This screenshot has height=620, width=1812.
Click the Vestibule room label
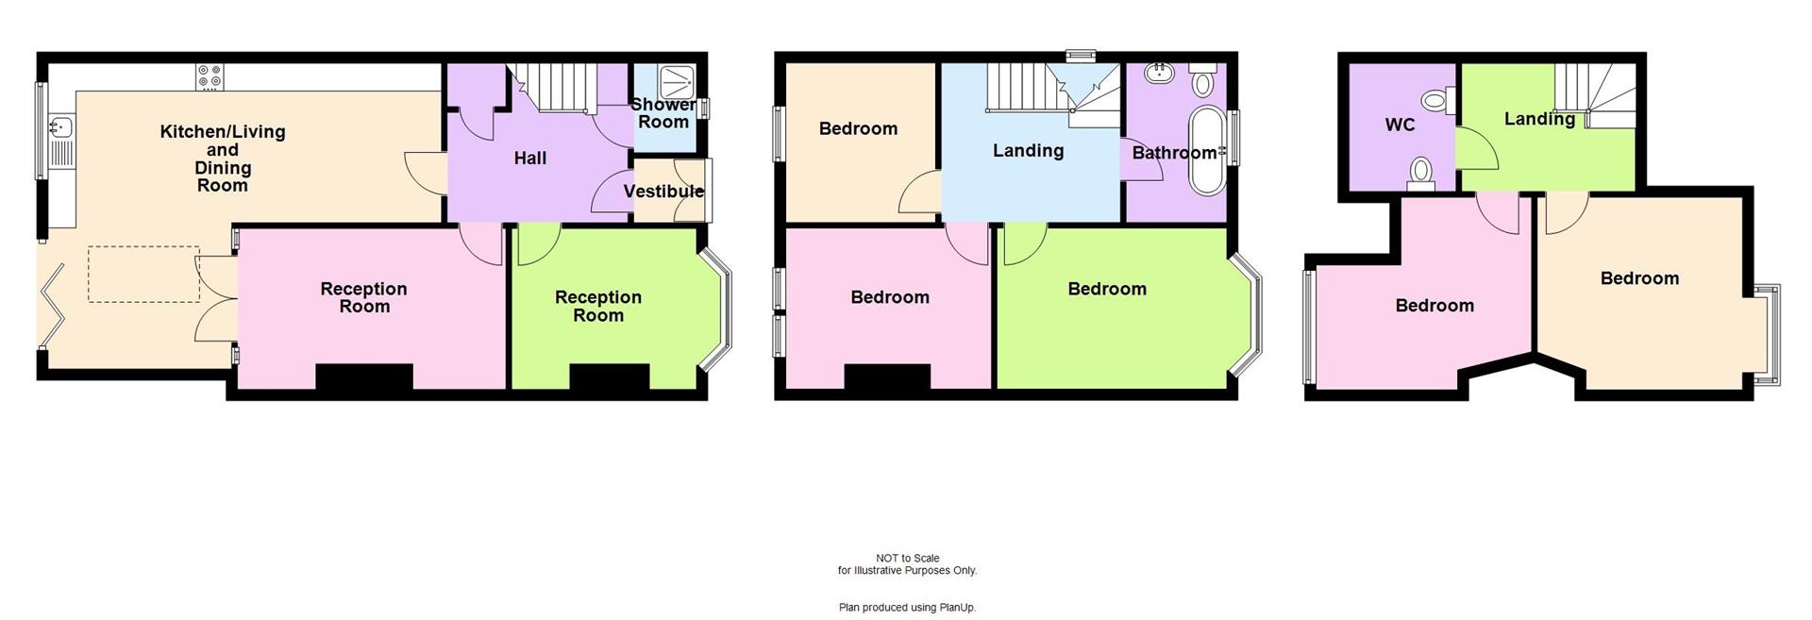pyautogui.click(x=663, y=192)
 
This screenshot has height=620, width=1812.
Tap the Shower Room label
pyautogui.click(x=663, y=113)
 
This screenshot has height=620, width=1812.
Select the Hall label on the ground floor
pyautogui.click(x=529, y=159)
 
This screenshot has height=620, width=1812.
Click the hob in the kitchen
pyautogui.click(x=210, y=76)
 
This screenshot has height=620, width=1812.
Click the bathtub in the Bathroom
pyautogui.click(x=1205, y=151)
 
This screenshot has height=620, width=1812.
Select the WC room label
pyautogui.click(x=1400, y=126)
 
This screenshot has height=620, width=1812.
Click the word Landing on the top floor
pyautogui.click(x=1539, y=119)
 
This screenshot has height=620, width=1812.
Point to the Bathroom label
pyautogui.click(x=1174, y=153)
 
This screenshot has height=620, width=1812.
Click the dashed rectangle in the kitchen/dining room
pyautogui.click(x=143, y=275)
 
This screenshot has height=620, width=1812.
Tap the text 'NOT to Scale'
pyautogui.click(x=907, y=558)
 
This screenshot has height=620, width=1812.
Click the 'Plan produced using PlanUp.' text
pyautogui.click(x=907, y=608)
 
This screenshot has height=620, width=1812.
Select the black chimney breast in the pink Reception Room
pyautogui.click(x=363, y=377)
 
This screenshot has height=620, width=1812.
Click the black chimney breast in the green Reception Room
pyautogui.click(x=609, y=377)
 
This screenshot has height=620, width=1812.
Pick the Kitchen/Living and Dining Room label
pyautogui.click(x=223, y=159)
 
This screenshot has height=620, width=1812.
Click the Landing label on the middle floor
pyautogui.click(x=1028, y=151)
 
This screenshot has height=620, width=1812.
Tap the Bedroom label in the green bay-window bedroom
pyautogui.click(x=1107, y=289)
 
